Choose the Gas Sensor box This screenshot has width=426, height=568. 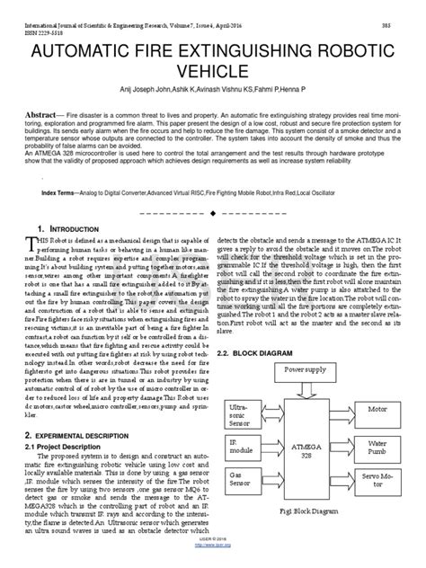click(244, 502)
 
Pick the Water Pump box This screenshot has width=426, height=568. click(383, 445)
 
